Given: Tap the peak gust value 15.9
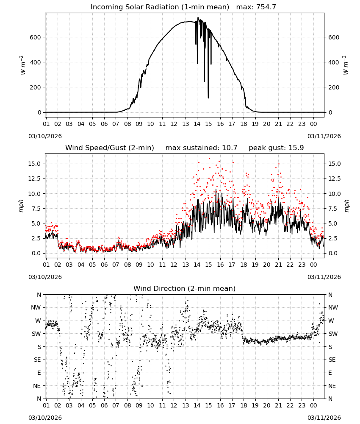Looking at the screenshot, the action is pyautogui.click(x=296, y=148).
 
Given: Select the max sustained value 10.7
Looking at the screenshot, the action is pyautogui.click(x=230, y=148).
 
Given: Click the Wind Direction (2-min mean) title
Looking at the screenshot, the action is pyautogui.click(x=185, y=288).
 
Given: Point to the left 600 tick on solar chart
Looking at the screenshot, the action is pyautogui.click(x=36, y=37).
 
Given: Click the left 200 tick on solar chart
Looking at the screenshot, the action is pyautogui.click(x=36, y=87).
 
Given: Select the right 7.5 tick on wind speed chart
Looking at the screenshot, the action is pyautogui.click(x=333, y=209).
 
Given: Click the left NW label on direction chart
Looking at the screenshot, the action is pyautogui.click(x=36, y=307).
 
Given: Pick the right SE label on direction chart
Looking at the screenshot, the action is pyautogui.click(x=332, y=360).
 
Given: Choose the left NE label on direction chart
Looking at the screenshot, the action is pyautogui.click(x=37, y=386).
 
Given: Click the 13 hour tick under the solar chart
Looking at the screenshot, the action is pyautogui.click(x=186, y=124).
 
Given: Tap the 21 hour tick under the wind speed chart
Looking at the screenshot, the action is pyautogui.click(x=278, y=265).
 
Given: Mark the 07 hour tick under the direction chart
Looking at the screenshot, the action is pyautogui.click(x=116, y=405).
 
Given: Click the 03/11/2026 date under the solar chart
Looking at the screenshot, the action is pyautogui.click(x=324, y=136).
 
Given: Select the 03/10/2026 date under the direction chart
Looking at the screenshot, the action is pyautogui.click(x=45, y=418).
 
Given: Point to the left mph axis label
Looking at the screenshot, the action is pyautogui.click(x=21, y=206).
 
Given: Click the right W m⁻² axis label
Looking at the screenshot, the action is pyautogui.click(x=346, y=65).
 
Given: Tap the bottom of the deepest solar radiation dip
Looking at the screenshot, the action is pyautogui.click(x=208, y=98).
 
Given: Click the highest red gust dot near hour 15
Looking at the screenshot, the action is pyautogui.click(x=209, y=159).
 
